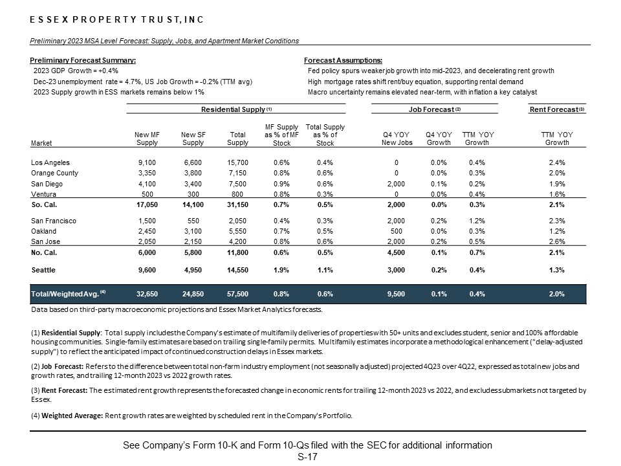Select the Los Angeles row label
pyautogui.click(x=50, y=162)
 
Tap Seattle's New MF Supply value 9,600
pyautogui.click(x=147, y=270)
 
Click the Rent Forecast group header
pyautogui.click(x=557, y=109)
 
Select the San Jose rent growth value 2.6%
pyautogui.click(x=557, y=241)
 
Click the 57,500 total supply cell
pyautogui.click(x=238, y=294)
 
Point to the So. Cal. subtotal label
pyautogui.click(x=45, y=205)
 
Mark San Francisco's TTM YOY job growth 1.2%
pyautogui.click(x=477, y=221)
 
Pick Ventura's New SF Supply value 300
pyautogui.click(x=193, y=194)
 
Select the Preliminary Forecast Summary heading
pyautogui.click(x=83, y=60)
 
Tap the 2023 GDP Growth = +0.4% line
pyautogui.click(x=76, y=71)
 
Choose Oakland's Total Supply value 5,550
pyautogui.click(x=238, y=231)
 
